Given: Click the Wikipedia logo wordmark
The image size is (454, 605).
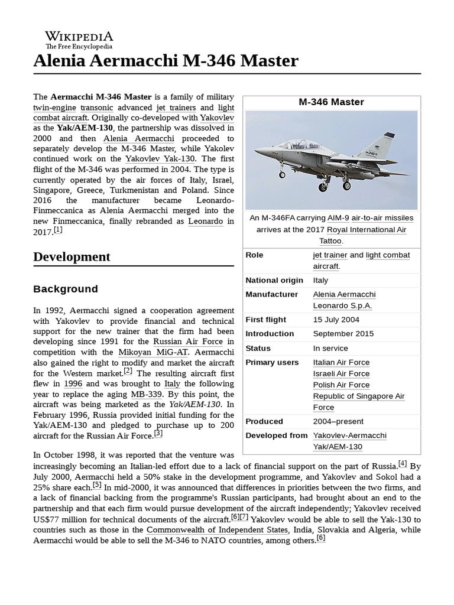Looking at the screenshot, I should [x=79, y=36].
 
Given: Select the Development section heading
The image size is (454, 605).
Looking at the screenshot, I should [x=72, y=256].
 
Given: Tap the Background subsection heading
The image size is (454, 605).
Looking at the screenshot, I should [x=66, y=289].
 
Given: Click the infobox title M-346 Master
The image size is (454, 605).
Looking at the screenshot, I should [x=331, y=102].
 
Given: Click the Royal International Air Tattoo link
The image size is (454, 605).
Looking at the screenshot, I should [x=367, y=229].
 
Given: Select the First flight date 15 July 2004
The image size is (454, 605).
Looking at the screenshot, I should [x=336, y=320].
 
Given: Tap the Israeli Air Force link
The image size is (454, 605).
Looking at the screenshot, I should [x=341, y=373].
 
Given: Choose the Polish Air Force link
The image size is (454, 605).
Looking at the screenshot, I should [x=341, y=385].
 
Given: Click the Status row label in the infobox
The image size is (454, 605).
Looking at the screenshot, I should [x=258, y=348].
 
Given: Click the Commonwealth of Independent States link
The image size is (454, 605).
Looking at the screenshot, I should [x=218, y=529].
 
